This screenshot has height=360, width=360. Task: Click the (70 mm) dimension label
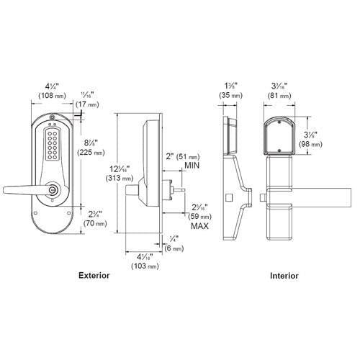pos(91,224)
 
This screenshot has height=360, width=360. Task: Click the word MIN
pos(192,166)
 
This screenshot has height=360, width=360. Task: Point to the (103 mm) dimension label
pos(148,266)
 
